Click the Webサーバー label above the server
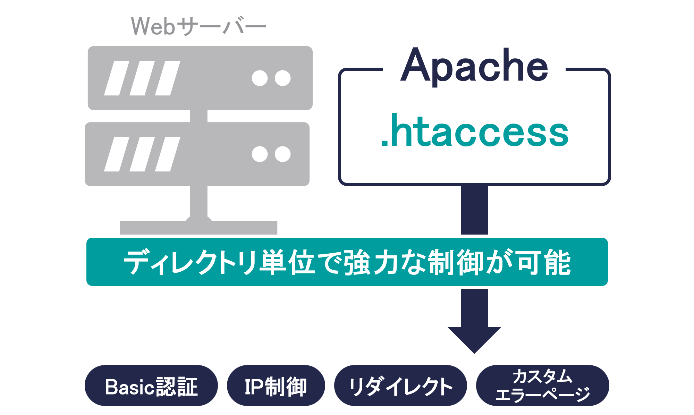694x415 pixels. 198,26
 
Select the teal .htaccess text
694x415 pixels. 475,130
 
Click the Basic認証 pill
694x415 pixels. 151,386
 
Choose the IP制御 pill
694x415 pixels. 276,386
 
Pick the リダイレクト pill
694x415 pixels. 400,386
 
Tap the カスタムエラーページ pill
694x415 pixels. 543,386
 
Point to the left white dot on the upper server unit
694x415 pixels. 260,78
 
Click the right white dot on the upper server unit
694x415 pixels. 283,78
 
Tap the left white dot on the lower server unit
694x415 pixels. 260,154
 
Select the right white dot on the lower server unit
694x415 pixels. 283,154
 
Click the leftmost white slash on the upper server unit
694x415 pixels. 117,78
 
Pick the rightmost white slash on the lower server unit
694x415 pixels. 168,154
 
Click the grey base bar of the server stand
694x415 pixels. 198,228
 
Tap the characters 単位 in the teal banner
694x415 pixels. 288,262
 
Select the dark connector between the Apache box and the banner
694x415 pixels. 474,210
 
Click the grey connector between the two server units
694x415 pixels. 199,116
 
